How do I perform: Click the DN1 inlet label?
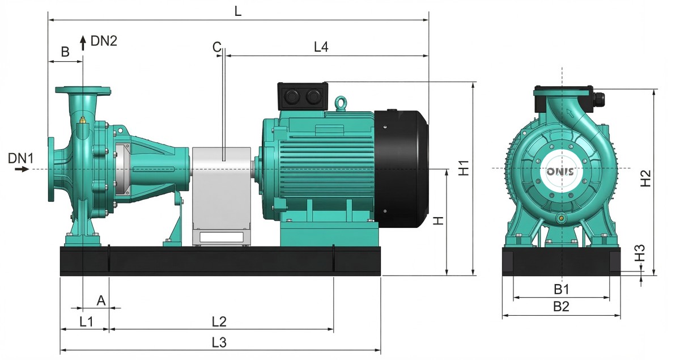20,158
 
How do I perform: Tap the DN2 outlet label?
104,41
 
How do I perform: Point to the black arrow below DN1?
22,169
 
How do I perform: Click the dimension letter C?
216,48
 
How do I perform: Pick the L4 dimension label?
321,47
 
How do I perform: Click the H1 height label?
464,168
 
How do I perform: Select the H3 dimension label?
640,253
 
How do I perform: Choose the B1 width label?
562,289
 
